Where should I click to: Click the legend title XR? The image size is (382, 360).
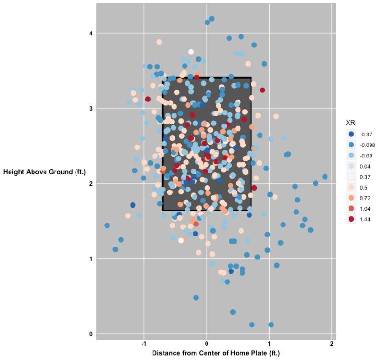coord(351,123)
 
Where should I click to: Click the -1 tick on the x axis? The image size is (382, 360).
coord(144,344)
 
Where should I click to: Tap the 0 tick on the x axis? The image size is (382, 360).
coord(207,344)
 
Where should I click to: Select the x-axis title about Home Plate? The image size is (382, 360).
coord(216,353)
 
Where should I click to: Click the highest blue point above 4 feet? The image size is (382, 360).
coord(212,19)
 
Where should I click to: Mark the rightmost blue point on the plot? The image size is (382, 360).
coord(325,177)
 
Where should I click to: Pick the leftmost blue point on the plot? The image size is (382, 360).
coord(107,225)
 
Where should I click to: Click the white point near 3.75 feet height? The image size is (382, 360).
coord(191,52)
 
